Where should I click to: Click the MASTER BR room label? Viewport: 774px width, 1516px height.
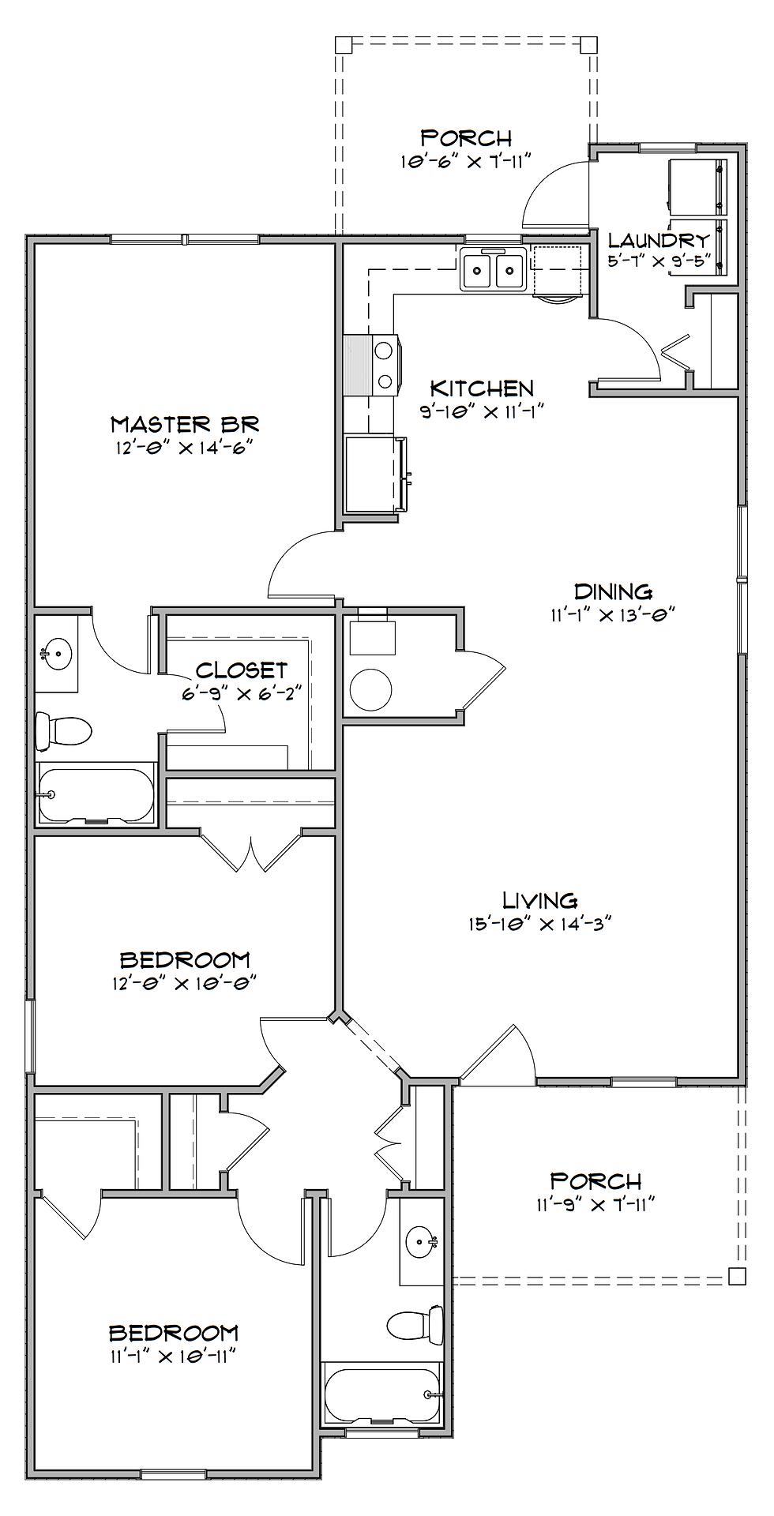[185, 424]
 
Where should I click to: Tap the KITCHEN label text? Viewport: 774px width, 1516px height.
[482, 388]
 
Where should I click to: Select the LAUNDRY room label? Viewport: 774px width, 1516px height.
[659, 240]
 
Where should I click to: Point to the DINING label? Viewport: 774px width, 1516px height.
[613, 591]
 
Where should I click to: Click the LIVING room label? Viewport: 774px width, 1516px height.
[540, 900]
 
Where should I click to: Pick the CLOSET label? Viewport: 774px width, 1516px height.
[242, 670]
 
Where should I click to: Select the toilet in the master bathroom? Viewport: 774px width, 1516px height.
[64, 730]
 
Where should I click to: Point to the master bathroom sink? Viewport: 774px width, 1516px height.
[55, 654]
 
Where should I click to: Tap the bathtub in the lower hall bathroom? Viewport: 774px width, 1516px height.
[382, 1394]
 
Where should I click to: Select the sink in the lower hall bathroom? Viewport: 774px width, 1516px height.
[421, 1244]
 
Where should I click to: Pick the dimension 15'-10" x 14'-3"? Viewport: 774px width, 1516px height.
[540, 923]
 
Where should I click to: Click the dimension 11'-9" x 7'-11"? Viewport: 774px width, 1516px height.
[596, 1204]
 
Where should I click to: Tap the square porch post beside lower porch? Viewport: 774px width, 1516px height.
[737, 1275]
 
